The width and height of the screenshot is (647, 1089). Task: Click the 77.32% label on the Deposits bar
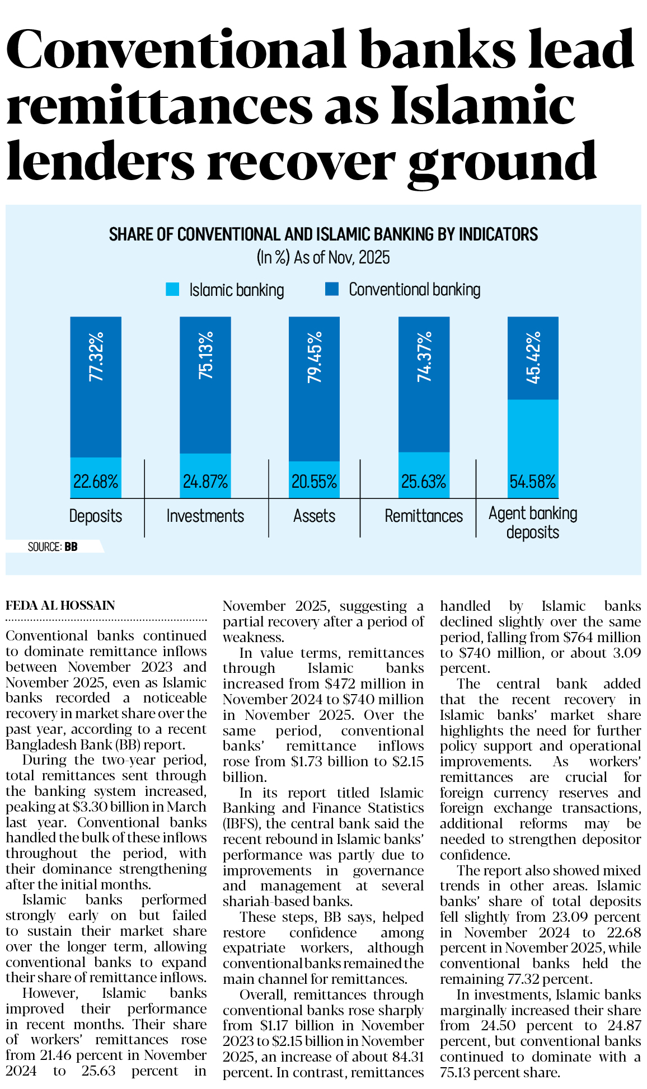click(x=96, y=356)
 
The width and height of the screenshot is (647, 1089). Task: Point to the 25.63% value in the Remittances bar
click(x=424, y=482)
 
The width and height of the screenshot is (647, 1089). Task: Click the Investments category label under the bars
click(x=205, y=516)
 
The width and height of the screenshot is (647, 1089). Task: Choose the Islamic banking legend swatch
click(x=172, y=290)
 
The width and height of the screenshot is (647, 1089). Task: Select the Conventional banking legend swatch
click(x=332, y=289)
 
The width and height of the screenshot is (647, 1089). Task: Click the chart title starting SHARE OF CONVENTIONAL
click(x=323, y=234)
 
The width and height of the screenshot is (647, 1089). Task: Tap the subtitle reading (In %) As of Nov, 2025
click(x=323, y=258)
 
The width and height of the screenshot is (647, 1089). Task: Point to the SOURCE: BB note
click(x=53, y=546)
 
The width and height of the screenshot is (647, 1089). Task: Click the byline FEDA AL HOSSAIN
click(x=60, y=605)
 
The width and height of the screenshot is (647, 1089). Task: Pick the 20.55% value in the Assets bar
click(x=315, y=482)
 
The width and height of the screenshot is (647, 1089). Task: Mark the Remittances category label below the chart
click(x=424, y=516)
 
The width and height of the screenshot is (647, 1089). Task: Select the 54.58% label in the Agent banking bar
click(x=533, y=482)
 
